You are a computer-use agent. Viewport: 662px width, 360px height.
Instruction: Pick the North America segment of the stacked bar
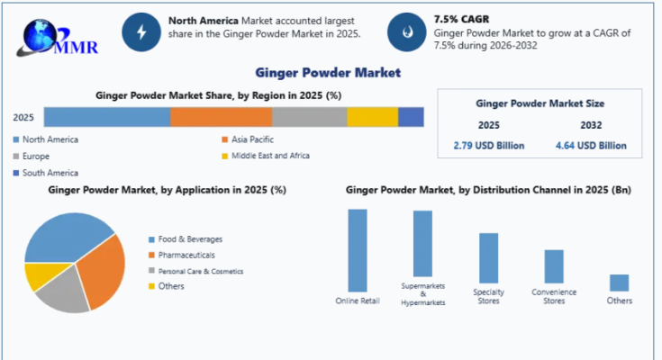click(106, 117)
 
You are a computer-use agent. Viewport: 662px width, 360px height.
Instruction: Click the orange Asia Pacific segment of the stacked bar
click(221, 117)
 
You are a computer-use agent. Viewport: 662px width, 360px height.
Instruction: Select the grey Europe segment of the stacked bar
click(309, 117)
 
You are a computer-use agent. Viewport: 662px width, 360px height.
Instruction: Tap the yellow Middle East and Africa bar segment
click(372, 117)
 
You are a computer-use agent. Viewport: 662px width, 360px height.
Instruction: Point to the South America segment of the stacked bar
click(411, 117)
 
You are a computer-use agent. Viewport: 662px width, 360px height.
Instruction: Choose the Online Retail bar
click(358, 249)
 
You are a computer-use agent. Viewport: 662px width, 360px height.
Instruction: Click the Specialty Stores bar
click(488, 258)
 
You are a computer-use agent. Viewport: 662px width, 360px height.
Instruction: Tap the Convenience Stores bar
click(554, 266)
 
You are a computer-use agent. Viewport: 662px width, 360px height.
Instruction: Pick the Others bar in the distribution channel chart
click(619, 283)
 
